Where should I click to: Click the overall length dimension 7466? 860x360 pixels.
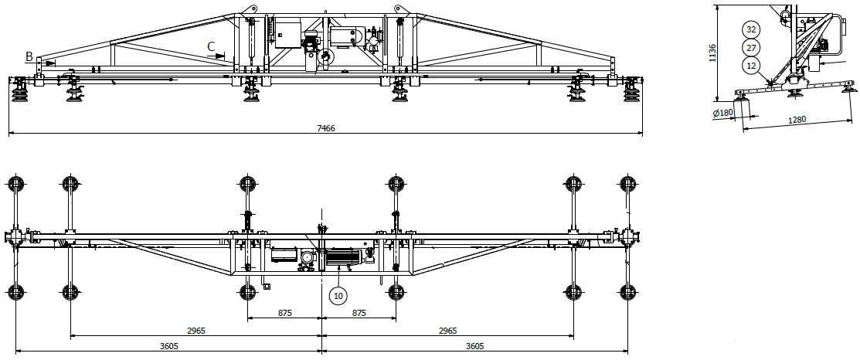click(326, 128)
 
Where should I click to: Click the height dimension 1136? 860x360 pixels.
click(712, 52)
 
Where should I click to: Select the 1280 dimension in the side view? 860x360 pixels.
click(797, 120)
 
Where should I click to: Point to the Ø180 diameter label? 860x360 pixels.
click(722, 113)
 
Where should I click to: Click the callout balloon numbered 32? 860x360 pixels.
click(750, 29)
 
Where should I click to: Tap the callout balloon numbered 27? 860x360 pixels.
click(750, 48)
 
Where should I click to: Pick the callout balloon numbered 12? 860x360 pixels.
click(750, 66)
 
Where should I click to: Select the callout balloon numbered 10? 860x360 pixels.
click(338, 294)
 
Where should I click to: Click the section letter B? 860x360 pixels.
click(29, 56)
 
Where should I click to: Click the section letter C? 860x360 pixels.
click(211, 47)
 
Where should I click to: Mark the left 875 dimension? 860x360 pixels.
click(284, 313)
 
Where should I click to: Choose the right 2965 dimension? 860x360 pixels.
click(448, 331)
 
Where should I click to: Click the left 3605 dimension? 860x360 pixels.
click(169, 346)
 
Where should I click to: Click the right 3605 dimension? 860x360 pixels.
click(475, 346)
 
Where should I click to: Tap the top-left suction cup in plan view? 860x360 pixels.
click(15, 184)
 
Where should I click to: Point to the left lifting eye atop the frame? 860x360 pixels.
click(249, 10)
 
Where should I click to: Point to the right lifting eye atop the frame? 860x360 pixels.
click(399, 10)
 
